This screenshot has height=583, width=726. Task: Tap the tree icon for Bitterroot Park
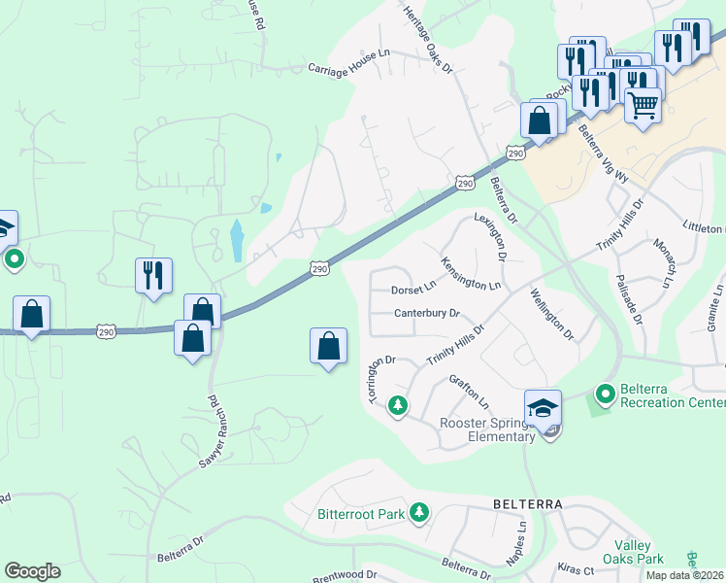(x=419, y=511)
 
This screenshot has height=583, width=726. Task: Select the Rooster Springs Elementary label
(x=487, y=429)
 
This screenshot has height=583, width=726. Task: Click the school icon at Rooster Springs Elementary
(x=544, y=406)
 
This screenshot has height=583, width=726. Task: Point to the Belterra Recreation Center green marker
(x=606, y=394)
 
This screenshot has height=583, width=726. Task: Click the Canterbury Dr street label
(x=426, y=313)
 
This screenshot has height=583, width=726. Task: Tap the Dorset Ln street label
(x=414, y=289)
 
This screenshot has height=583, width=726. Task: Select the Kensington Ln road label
(x=471, y=273)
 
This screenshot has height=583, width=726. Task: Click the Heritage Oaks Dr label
(x=428, y=38)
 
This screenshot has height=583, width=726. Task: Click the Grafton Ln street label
(x=470, y=393)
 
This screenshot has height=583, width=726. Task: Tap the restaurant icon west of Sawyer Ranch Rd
(x=153, y=275)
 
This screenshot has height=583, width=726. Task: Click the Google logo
(x=32, y=571)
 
